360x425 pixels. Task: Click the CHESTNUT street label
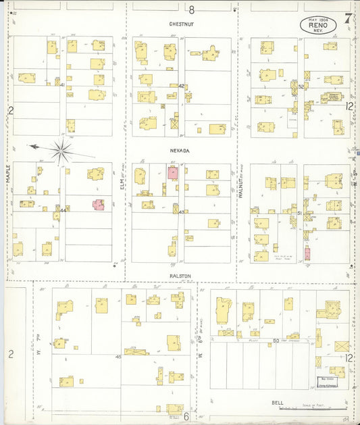[182, 23]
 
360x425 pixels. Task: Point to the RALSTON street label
[181, 276]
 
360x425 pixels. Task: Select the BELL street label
[278, 403]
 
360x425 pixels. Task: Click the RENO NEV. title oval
[317, 25]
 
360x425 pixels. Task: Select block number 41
[62, 86]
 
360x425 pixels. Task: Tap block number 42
[181, 86]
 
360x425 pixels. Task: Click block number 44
[62, 210]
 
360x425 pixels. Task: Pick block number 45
[118, 356]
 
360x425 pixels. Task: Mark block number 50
[276, 341]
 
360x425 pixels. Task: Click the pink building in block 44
[99, 204]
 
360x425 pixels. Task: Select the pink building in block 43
[173, 172]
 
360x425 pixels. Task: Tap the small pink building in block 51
[307, 254]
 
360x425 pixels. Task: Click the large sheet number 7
[346, 19]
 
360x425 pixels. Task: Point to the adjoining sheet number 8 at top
[192, 9]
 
